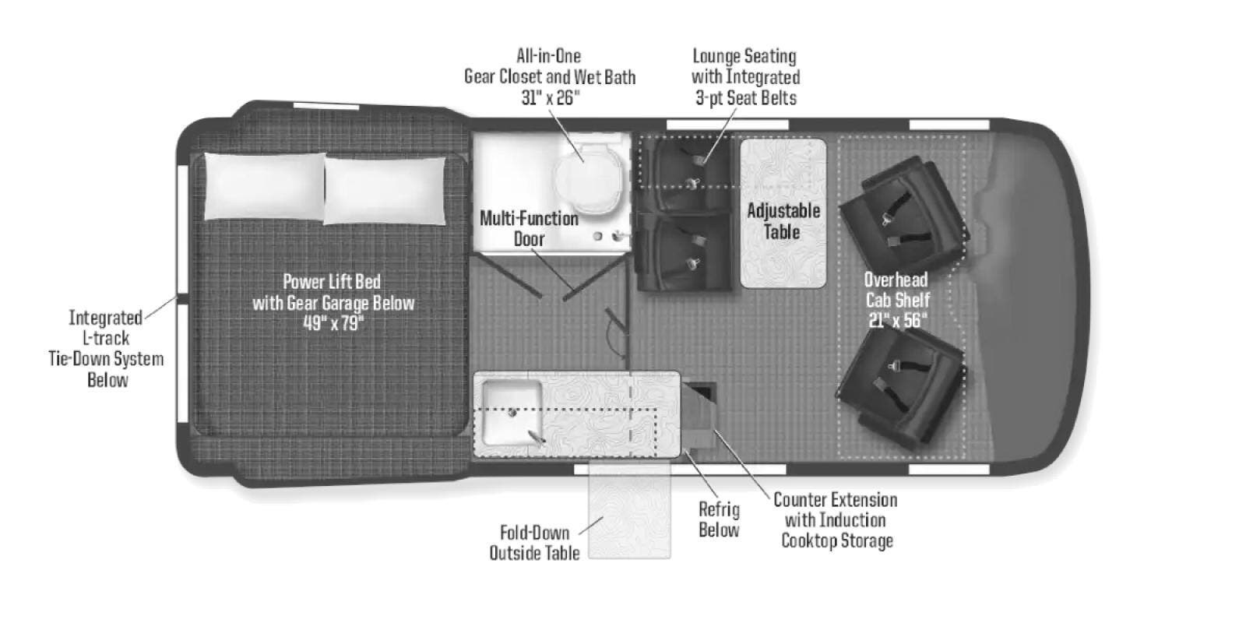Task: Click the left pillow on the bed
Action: coord(265,186)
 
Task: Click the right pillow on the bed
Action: coord(385,191)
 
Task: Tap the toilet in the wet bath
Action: coord(588,178)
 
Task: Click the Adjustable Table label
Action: coord(783,221)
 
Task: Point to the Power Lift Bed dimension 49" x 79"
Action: coord(333,323)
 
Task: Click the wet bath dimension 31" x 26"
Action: coord(550,98)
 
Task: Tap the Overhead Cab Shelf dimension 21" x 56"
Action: coord(898,320)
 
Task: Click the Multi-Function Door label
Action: coord(529,229)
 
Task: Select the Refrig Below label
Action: coord(720,519)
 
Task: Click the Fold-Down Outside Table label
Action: coord(534,543)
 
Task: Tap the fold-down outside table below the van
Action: coord(630,509)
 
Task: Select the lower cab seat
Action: coord(901,386)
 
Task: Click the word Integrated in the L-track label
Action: coord(105,319)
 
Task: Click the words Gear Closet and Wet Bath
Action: coord(550,77)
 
